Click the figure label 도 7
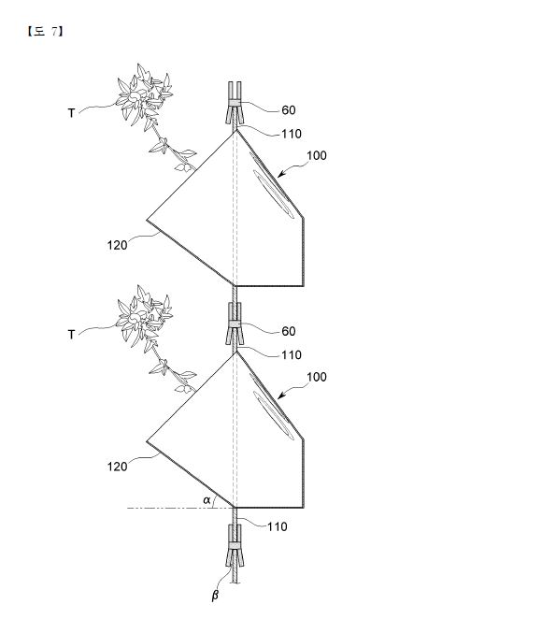(45, 32)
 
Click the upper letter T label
(71, 113)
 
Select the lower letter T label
(71, 334)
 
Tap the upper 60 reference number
(289, 110)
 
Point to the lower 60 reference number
(289, 331)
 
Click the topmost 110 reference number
(292, 134)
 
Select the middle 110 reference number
(292, 355)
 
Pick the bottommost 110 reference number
(278, 526)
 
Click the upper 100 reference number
(317, 156)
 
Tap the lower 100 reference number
(317, 377)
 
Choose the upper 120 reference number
(117, 246)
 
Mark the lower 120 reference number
(117, 467)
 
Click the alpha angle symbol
(207, 500)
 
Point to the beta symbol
(215, 595)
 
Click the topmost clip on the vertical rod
(235, 103)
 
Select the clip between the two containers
(235, 324)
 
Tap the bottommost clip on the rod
(235, 546)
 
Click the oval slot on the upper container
(273, 194)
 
